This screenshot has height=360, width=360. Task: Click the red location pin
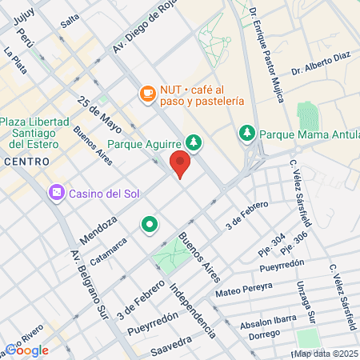click(180, 165)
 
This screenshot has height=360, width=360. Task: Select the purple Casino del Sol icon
click(57, 193)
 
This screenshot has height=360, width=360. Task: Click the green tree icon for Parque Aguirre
click(194, 144)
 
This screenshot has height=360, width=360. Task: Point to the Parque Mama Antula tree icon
click(246, 132)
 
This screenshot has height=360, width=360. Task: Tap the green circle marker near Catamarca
click(149, 225)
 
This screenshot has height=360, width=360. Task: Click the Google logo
click(26, 350)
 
